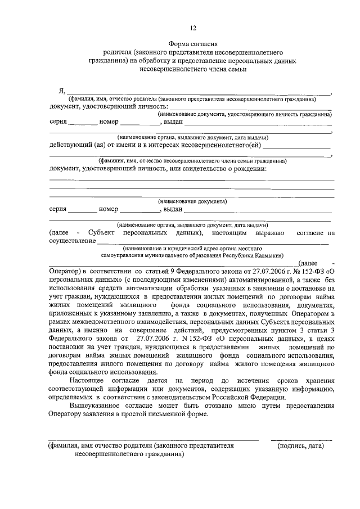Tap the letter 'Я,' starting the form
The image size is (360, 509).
[62, 92]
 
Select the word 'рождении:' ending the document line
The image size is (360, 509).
[250, 169]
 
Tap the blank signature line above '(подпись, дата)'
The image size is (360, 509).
[301, 439]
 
